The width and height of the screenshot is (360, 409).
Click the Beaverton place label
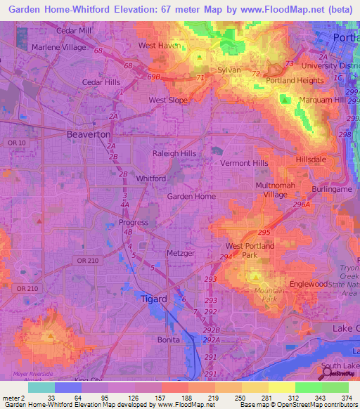pos(88,134)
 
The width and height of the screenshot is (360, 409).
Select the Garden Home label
pos(191,197)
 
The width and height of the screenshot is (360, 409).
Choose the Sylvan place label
pos(230,70)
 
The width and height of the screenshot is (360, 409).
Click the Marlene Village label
pos(59,48)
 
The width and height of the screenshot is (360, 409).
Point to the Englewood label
pos(309,283)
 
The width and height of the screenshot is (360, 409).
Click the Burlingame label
pos(331,190)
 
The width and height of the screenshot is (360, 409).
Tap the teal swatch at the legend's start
pos(41,387)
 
